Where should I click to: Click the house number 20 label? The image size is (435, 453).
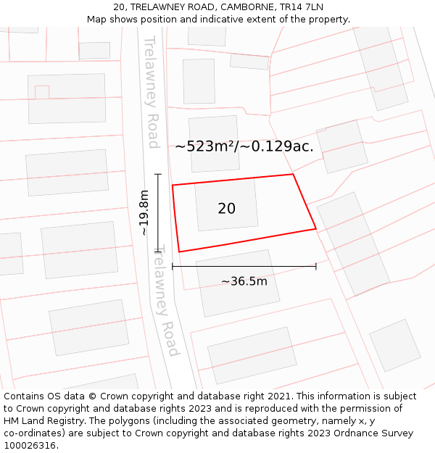tap(226, 209)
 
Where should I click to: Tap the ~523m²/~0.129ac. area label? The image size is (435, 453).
tap(244, 146)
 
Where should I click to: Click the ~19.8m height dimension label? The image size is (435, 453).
tap(144, 212)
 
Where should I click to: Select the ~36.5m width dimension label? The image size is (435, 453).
tap(244, 281)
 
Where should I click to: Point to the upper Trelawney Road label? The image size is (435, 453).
tap(152, 92)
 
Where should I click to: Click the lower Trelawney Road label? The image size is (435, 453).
tap(168, 300)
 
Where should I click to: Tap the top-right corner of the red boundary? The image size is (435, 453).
tap(293, 174)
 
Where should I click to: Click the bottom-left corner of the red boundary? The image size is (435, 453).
tap(179, 252)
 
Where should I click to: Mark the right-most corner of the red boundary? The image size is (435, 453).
tap(316, 229)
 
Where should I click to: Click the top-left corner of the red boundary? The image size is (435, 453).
tap(173, 186)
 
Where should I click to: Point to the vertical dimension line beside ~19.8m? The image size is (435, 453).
tap(158, 212)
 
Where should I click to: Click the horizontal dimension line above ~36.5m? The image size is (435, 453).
tap(244, 267)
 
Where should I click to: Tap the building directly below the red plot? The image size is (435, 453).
tap(238, 283)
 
